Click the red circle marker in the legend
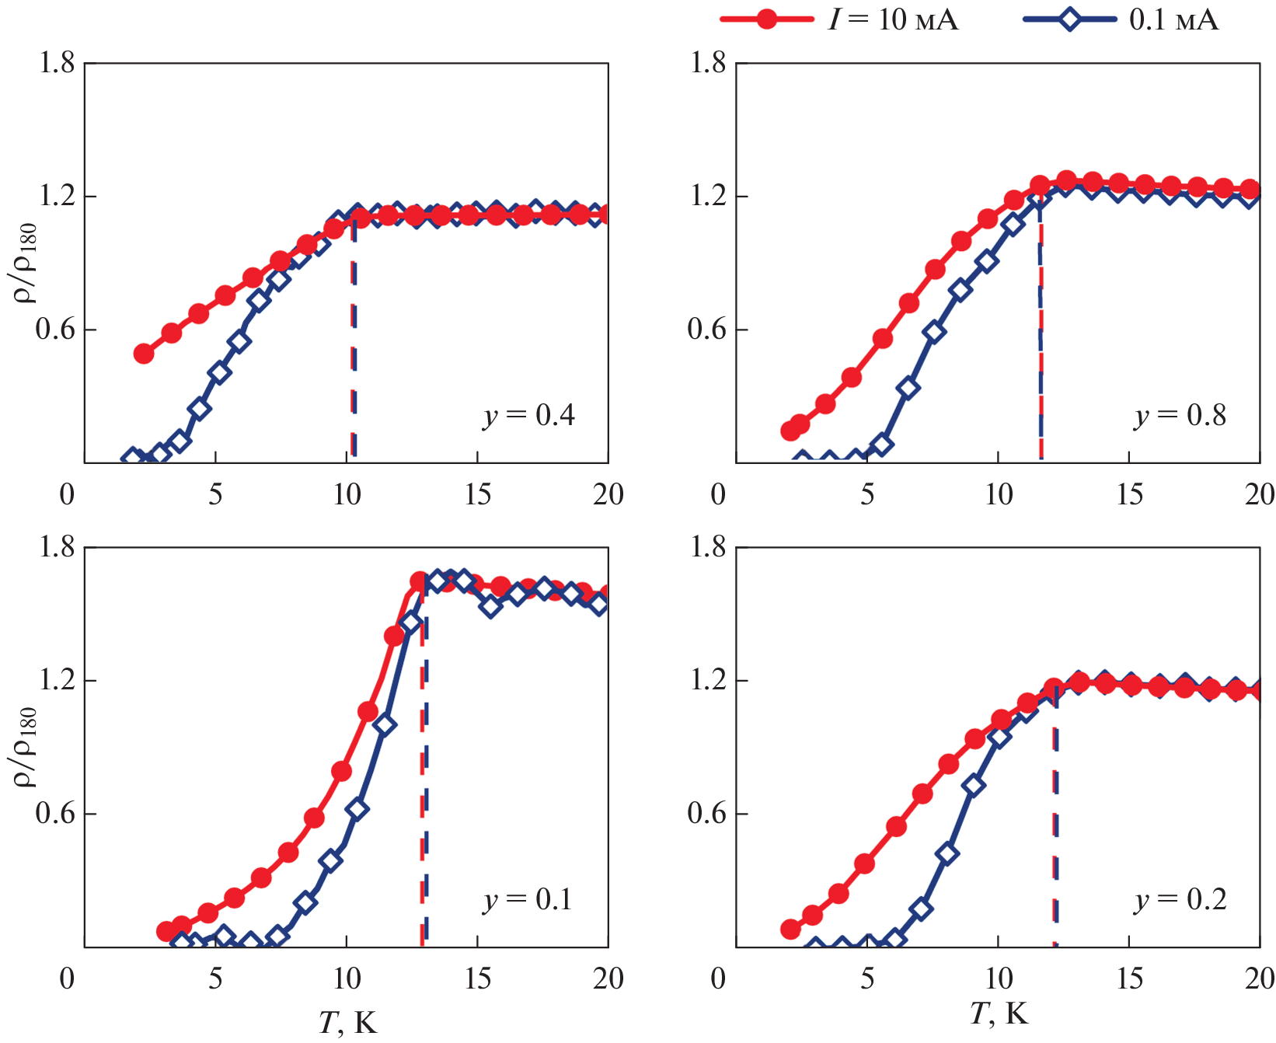(x=766, y=19)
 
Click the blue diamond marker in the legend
(x=1069, y=19)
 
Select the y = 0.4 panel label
(x=528, y=416)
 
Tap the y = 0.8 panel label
(x=1180, y=416)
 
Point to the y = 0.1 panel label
(x=528, y=900)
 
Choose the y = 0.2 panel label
(x=1180, y=900)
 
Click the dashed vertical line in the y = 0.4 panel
(x=354, y=342)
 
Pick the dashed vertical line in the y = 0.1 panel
(x=424, y=777)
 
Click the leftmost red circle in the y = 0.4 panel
(x=144, y=354)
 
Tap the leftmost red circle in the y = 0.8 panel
(x=790, y=431)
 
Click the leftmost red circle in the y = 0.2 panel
(x=790, y=929)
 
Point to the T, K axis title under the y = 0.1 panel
(x=347, y=1023)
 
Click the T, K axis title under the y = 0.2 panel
(x=999, y=1013)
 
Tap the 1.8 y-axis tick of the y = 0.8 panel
(x=708, y=63)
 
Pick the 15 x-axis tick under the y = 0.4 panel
(x=478, y=494)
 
